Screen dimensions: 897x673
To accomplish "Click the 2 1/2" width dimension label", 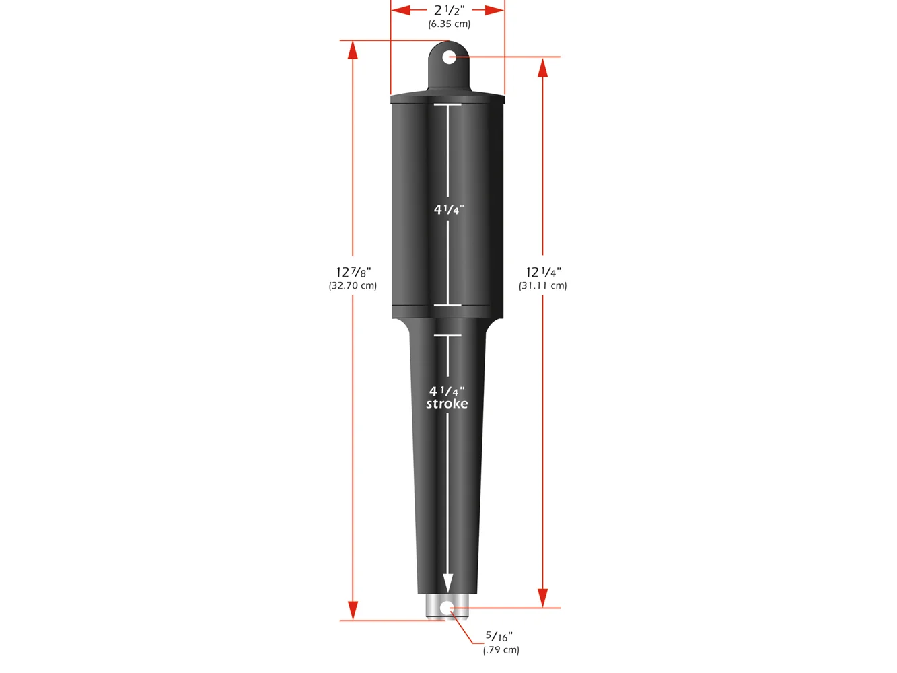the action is tap(449, 10).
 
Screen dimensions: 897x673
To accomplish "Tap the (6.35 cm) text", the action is tap(449, 24).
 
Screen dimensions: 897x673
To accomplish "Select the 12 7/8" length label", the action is tap(353, 272).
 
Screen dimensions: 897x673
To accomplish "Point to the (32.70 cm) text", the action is tap(353, 285).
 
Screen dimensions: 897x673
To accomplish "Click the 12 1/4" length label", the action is tap(543, 272).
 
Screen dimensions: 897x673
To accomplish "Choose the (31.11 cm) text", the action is tap(542, 285).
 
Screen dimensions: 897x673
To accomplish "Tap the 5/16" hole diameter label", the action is tap(499, 636).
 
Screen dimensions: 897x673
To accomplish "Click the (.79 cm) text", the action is tap(501, 649).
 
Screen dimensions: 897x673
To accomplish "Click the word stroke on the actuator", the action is tap(447, 404).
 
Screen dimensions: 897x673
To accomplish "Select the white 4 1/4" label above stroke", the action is tap(447, 391).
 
